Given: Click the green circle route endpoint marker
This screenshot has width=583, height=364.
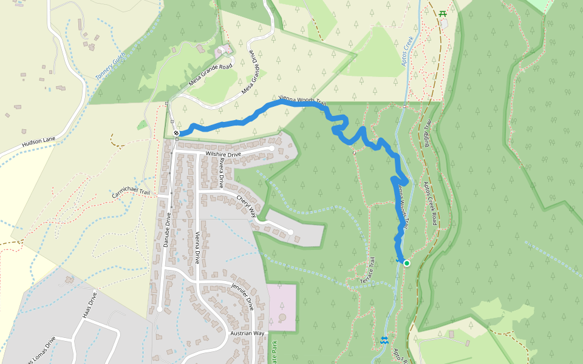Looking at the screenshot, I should tap(406, 263).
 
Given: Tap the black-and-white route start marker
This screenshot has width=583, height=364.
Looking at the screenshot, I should tap(176, 133).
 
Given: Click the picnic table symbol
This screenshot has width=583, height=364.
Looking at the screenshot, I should tap(443, 13).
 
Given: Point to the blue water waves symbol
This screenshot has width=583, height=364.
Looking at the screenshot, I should tap(384, 340).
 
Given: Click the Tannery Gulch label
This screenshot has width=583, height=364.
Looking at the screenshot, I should tap(111, 66).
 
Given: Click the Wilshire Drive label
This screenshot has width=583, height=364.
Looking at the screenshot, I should tap(223, 154).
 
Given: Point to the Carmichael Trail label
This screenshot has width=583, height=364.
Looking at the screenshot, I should tap(131, 192).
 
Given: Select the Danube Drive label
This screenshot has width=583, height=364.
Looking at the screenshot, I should tap(168, 231).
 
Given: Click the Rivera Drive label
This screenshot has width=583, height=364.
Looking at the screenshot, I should tap(222, 175).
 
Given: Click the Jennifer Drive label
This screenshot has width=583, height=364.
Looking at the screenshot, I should tap(243, 295).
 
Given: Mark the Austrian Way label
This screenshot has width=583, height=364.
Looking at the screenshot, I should tap(247, 334).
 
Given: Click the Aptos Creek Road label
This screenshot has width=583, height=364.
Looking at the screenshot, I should tap(430, 203).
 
